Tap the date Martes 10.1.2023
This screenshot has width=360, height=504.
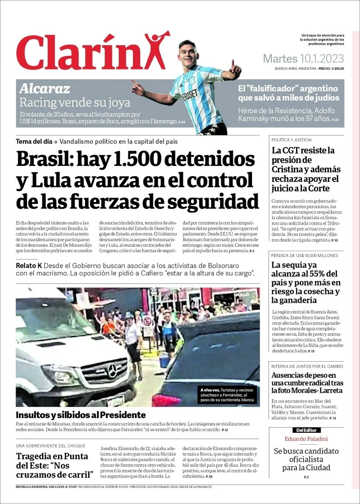point(303,59)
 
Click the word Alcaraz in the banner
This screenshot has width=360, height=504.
point(45,89)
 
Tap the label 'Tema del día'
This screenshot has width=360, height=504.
point(34,142)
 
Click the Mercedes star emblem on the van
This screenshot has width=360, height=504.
point(112,371)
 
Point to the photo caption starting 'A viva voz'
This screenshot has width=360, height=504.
point(227,395)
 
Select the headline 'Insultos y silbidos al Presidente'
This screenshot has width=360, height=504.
point(81,415)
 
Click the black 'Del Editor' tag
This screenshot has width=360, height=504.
point(307,430)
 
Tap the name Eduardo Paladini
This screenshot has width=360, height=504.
point(306,439)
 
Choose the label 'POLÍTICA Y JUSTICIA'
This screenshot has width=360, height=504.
point(291,140)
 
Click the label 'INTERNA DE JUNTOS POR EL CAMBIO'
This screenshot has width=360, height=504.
point(307,366)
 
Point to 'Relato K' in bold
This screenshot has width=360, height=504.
point(29,265)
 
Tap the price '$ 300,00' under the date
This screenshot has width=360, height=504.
point(337,69)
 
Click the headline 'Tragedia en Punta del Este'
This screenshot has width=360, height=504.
point(54,465)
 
